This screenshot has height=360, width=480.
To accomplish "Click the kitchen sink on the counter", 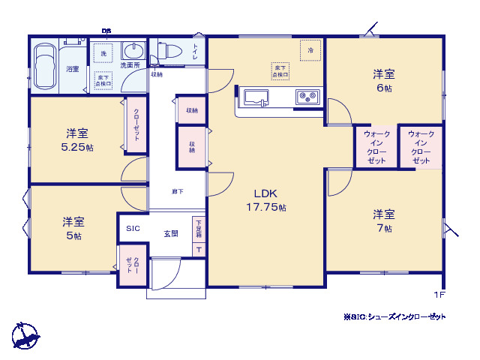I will coord(256,97).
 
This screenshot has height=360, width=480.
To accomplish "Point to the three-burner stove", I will coord(307,97).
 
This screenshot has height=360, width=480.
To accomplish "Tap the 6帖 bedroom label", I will coord(384,80).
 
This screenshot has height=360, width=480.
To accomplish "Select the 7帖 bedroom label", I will coord(384,221).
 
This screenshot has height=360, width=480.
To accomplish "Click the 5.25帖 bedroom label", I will coord(77,140).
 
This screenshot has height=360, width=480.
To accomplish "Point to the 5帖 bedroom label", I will coord(73,228).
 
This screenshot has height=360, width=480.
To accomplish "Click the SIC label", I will coord(133,229).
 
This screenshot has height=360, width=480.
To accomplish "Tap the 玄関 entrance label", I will coord(171,233).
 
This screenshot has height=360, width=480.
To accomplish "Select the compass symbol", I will coord(25,334).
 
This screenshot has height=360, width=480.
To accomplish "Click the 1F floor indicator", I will coord(439,295).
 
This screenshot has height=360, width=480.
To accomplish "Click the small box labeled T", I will coord(199,250).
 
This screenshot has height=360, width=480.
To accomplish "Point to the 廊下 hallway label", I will coord(177,192).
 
